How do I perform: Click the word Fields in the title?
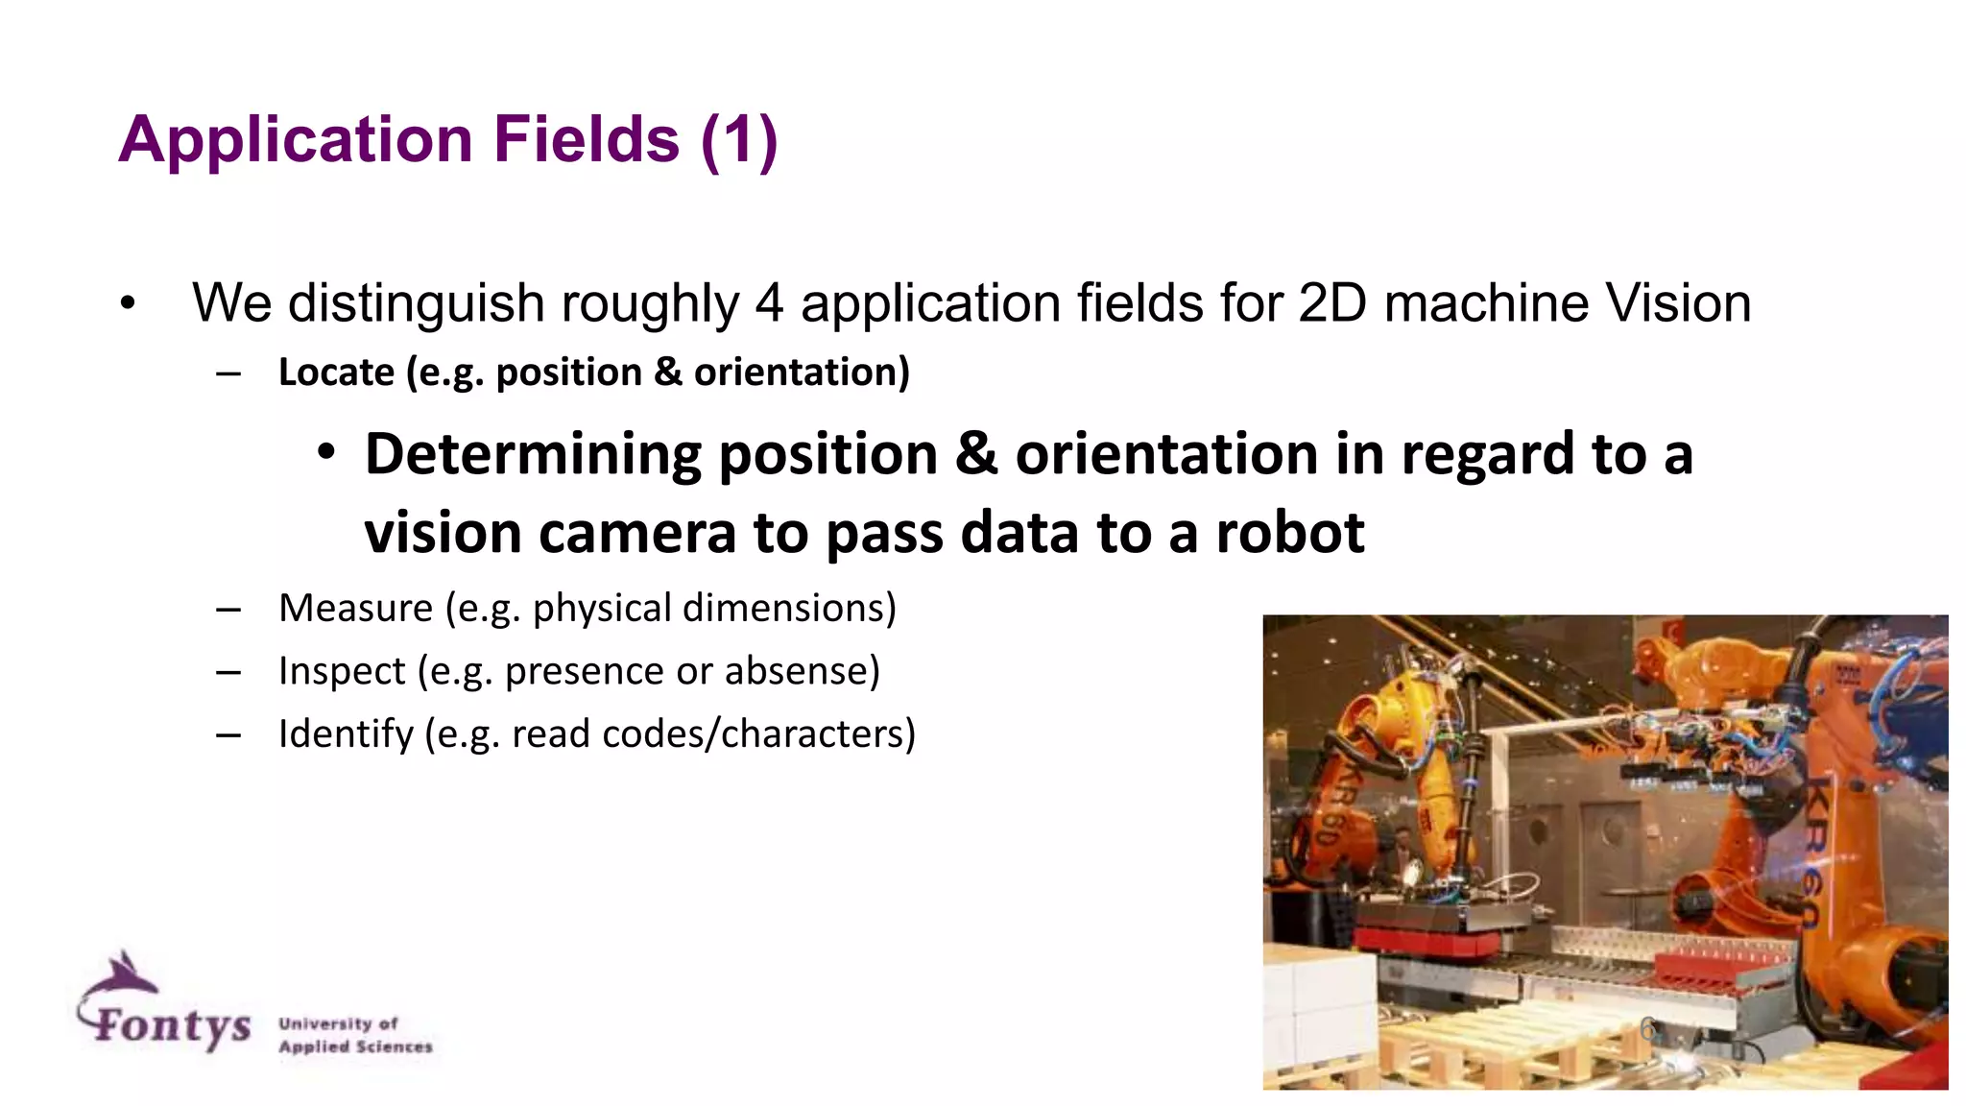click(587, 140)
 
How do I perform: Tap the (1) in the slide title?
click(739, 140)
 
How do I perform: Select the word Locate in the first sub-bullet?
click(336, 373)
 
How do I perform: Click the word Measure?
click(355, 609)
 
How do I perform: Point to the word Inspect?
click(342, 671)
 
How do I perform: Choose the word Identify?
click(346, 734)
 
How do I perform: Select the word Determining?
click(533, 455)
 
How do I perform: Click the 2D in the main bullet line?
click(1331, 303)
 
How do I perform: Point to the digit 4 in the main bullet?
click(769, 303)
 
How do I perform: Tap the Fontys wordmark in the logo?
click(173, 1025)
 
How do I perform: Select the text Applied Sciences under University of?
click(355, 1046)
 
